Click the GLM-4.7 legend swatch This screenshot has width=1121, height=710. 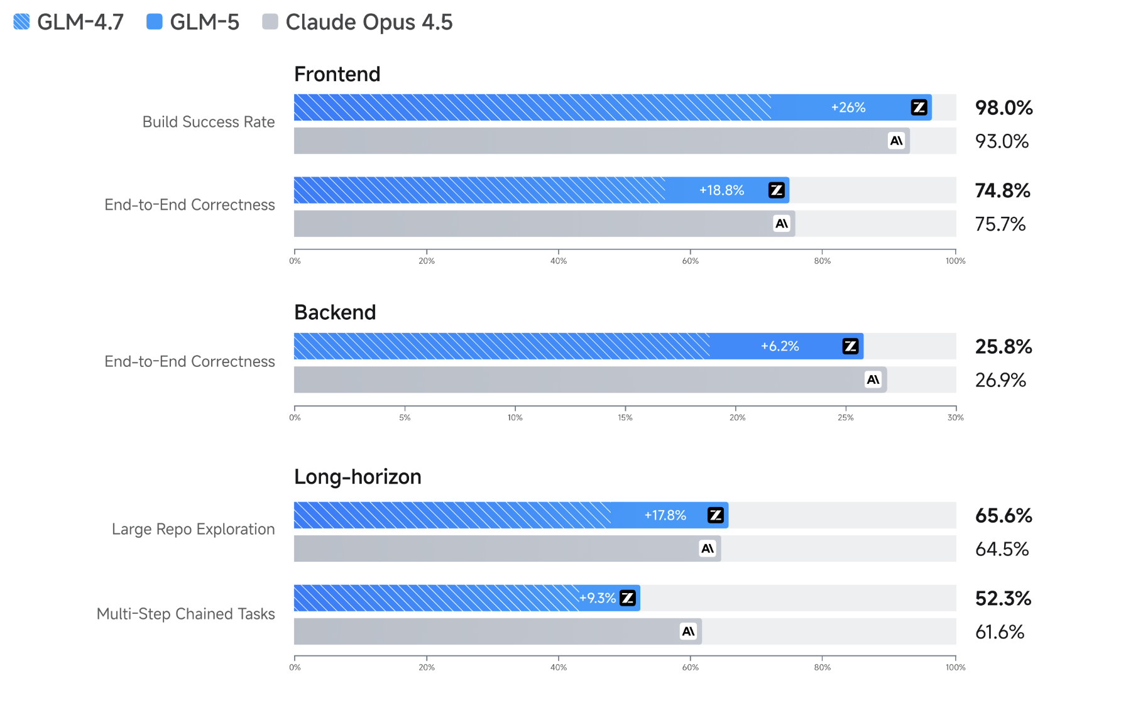point(21,22)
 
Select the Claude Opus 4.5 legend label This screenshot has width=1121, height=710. point(368,22)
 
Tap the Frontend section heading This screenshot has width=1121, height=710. point(337,74)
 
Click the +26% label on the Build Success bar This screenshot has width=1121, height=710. point(848,107)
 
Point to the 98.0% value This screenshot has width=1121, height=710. point(1003,107)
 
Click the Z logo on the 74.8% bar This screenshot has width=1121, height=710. point(777,190)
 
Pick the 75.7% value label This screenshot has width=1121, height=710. point(1000,224)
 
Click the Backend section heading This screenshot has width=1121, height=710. point(334,312)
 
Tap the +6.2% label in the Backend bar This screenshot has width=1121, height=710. point(779,346)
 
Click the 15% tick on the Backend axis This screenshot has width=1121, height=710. point(625,417)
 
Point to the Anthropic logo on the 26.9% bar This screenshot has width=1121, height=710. point(873,380)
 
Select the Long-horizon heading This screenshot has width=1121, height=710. point(357,477)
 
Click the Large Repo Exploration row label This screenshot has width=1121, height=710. point(193,529)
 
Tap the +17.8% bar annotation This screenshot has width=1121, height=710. point(665,515)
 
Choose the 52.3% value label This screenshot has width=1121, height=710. point(1002,598)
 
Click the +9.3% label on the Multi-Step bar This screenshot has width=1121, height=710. point(597,598)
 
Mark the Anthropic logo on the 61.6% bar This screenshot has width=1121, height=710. point(688,631)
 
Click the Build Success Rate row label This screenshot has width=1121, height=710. point(208,122)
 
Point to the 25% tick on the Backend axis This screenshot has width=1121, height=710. point(845,417)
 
